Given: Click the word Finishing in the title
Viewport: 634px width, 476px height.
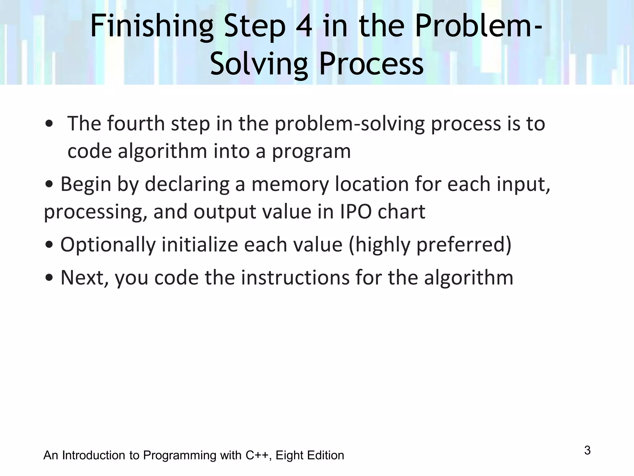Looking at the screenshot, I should (152, 27).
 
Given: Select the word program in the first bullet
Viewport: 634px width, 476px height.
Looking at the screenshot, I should (311, 152).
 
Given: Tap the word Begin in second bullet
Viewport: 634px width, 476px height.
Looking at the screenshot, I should (85, 184).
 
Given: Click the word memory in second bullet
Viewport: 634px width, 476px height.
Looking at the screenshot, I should (290, 184).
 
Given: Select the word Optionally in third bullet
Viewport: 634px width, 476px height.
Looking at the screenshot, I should (108, 245).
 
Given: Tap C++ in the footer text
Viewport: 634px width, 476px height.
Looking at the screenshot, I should (257, 456).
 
